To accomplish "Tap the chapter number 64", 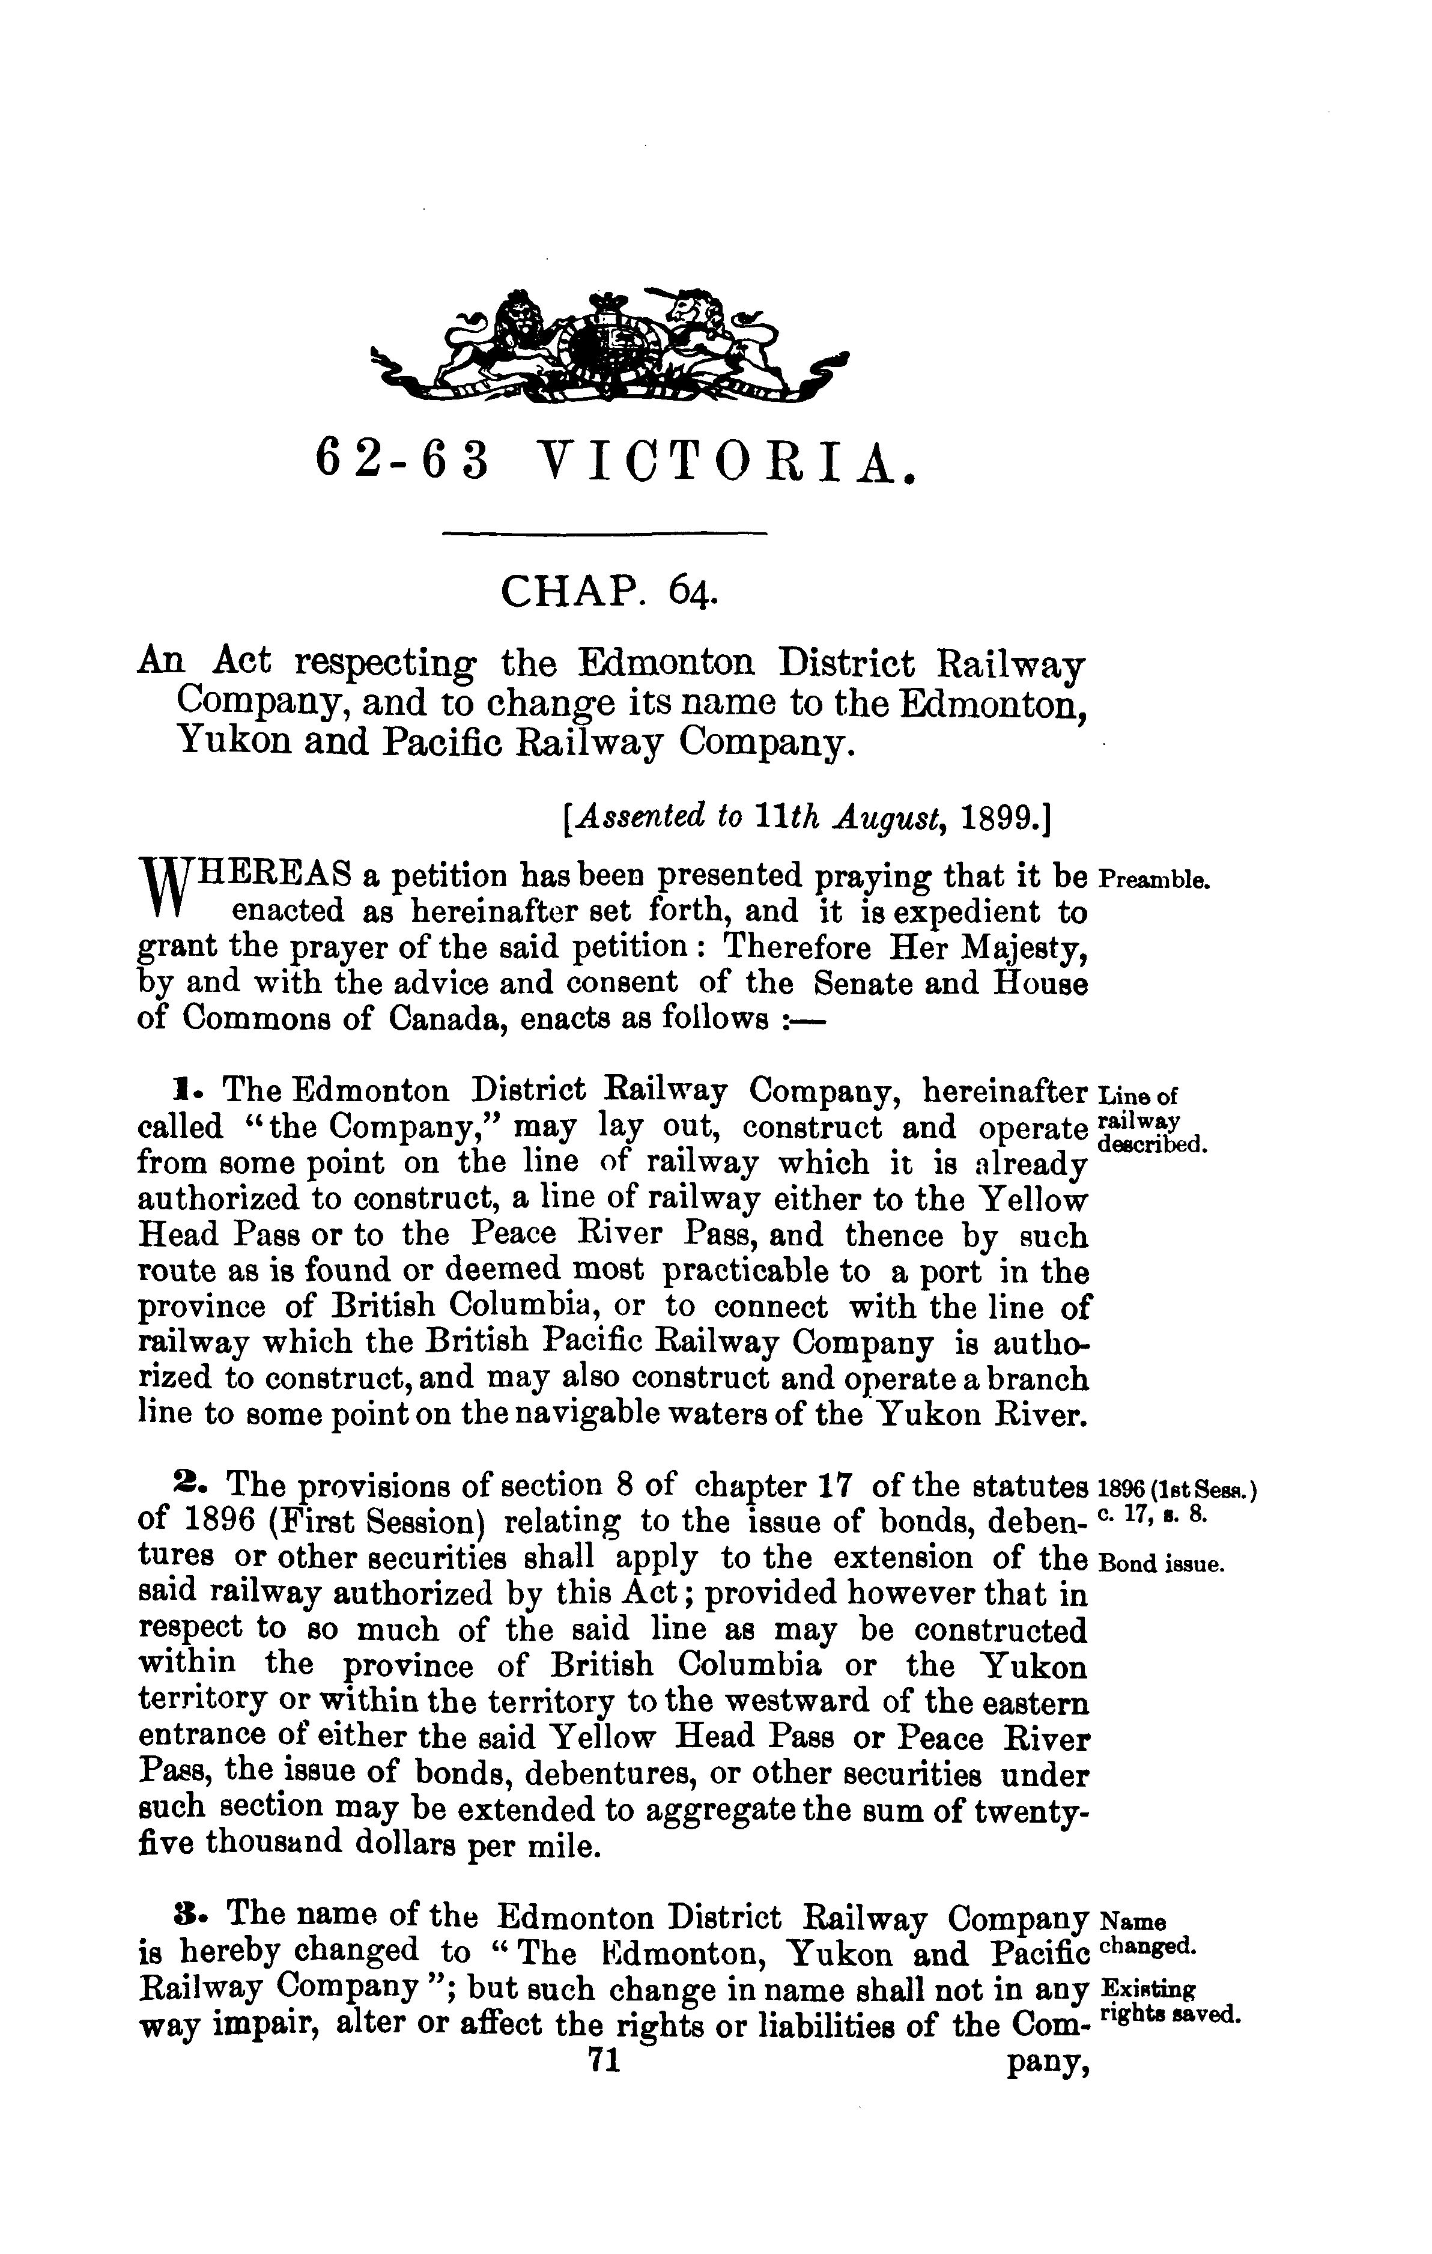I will click(x=691, y=592).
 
